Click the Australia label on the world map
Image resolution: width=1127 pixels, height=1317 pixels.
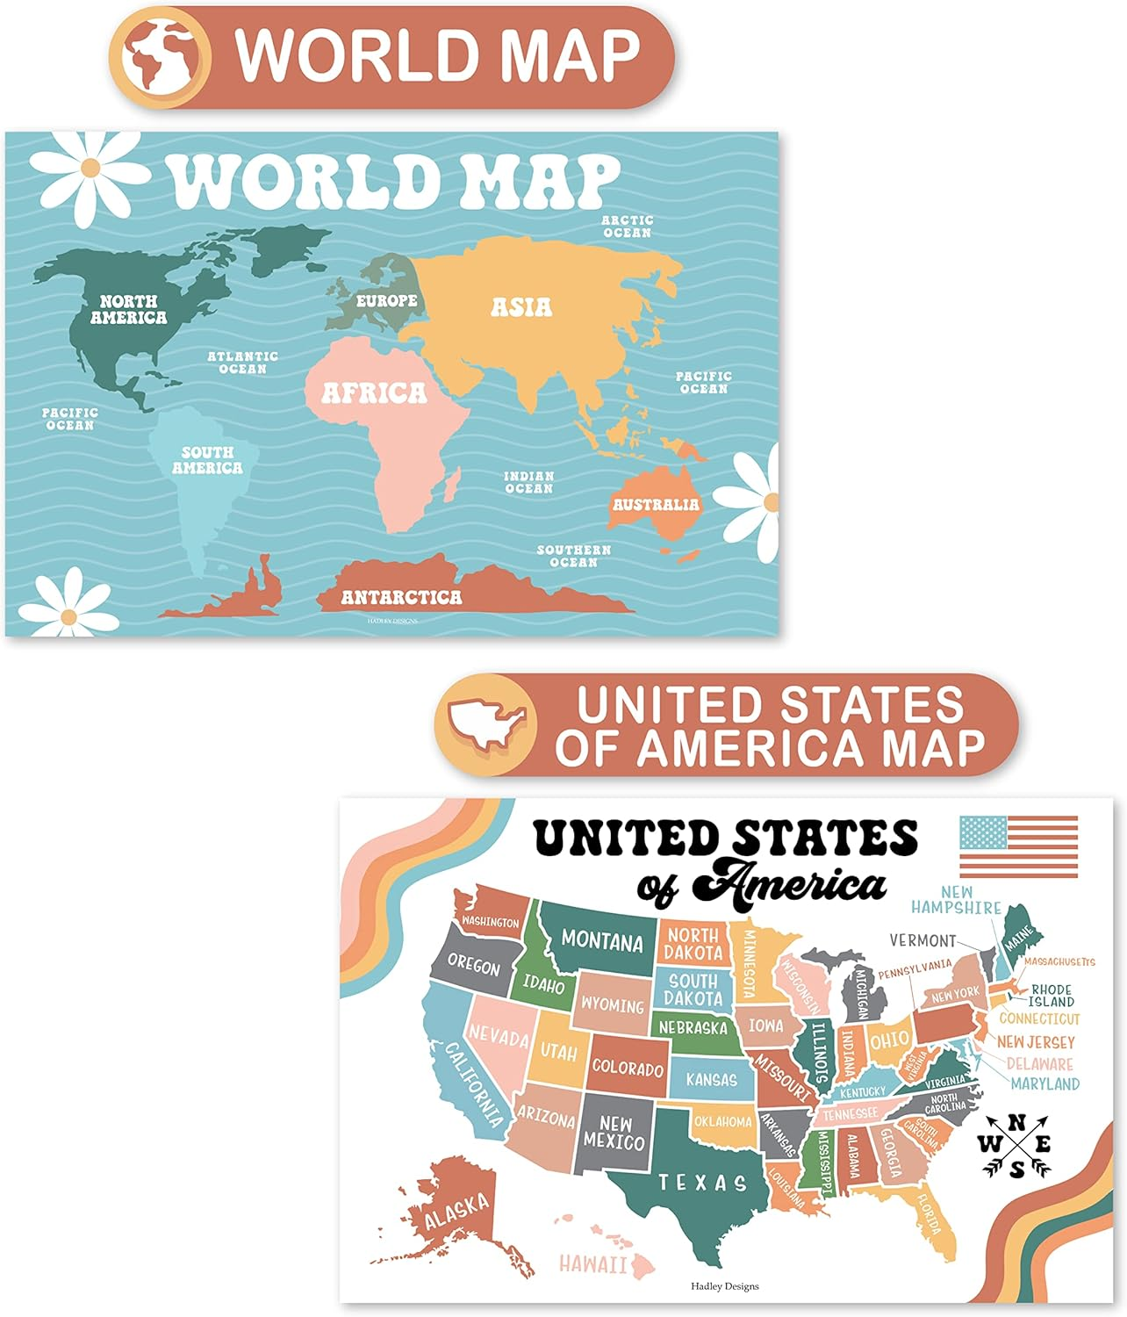pyautogui.click(x=656, y=505)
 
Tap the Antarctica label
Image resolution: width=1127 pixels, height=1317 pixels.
pyautogui.click(x=401, y=598)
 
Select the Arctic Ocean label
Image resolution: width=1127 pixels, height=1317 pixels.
pyautogui.click(x=627, y=227)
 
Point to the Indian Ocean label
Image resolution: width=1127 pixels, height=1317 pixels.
pyautogui.click(x=529, y=482)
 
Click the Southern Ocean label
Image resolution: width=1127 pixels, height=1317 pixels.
pyautogui.click(x=574, y=556)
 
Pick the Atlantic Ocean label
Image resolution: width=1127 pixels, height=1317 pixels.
pyautogui.click(x=242, y=363)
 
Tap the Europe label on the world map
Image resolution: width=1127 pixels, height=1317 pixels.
pyautogui.click(x=386, y=300)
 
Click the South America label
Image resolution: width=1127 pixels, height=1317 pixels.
pyautogui.click(x=207, y=460)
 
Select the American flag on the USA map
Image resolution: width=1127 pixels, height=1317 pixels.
pyautogui.click(x=1018, y=846)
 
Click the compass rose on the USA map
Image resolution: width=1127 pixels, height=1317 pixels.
pyautogui.click(x=1016, y=1145)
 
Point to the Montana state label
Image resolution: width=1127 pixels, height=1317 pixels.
pyautogui.click(x=602, y=940)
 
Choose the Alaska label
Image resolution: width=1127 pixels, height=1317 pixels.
pyautogui.click(x=456, y=1212)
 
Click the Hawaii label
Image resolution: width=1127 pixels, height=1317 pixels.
pyautogui.click(x=593, y=1264)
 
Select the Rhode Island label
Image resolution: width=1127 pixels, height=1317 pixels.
pyautogui.click(x=1052, y=995)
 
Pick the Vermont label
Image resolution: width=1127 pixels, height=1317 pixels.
pyautogui.click(x=922, y=940)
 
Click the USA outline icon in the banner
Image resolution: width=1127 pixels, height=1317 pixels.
pyautogui.click(x=485, y=724)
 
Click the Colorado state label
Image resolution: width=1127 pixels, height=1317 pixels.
pyautogui.click(x=628, y=1069)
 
